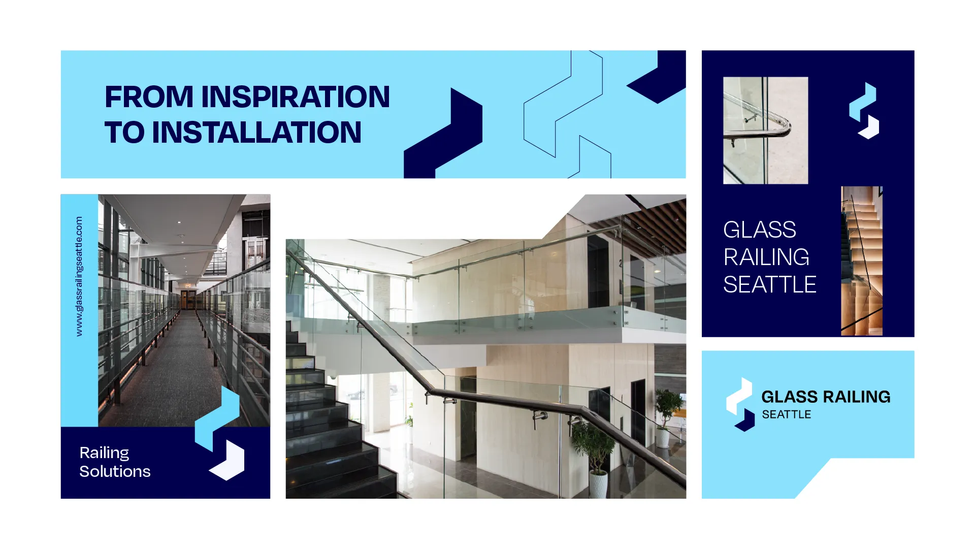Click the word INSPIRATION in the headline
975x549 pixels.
coord(296,97)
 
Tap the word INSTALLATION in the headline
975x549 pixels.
coord(256,133)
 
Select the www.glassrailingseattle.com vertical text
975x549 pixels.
coord(79,276)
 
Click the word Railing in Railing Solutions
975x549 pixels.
coord(104,453)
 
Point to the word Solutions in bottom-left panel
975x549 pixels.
coord(115,471)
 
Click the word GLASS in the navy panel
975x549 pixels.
coord(759,230)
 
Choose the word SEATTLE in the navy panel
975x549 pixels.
coord(769,284)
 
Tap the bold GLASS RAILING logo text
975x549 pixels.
coord(826,397)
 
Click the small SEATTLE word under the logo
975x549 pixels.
coord(786,414)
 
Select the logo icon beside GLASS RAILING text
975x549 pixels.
coord(740,404)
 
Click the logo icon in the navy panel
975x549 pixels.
coord(864,111)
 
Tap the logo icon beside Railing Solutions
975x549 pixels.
coord(220,433)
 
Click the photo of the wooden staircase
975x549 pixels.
coord(861,261)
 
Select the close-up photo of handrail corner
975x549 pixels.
coord(765,131)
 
